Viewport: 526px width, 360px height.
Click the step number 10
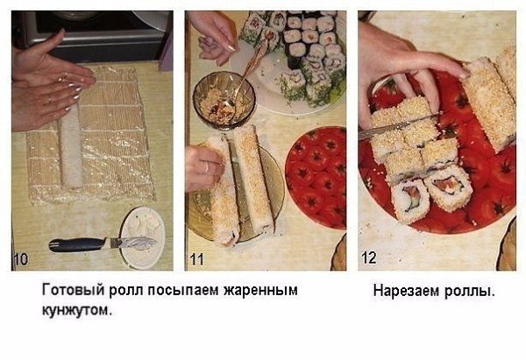point(21,259)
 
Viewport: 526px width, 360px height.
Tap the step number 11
point(196,259)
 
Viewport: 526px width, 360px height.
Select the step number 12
point(368,258)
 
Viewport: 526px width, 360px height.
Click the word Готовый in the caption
point(73,290)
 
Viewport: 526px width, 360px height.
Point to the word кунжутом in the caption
point(76,310)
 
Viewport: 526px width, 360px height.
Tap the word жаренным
point(260,290)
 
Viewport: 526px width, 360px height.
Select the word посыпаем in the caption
point(183,290)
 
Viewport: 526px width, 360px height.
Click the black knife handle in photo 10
point(77,244)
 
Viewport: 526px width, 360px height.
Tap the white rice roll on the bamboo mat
point(70,147)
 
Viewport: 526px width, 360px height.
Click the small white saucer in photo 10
point(142,237)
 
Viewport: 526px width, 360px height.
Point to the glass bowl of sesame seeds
point(224,100)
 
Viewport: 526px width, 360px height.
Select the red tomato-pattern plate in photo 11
point(316,177)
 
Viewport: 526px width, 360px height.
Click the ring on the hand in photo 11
point(207,166)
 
